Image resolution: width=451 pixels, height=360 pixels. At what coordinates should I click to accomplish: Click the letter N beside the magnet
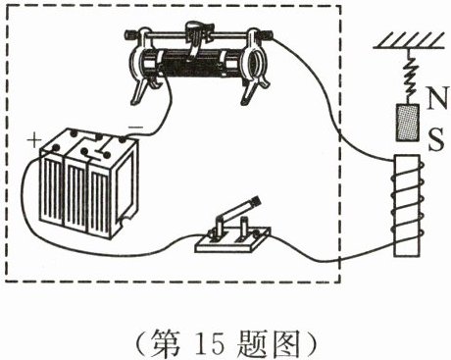[x=436, y=98]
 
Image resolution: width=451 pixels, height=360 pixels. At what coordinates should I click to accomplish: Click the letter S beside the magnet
[x=436, y=139]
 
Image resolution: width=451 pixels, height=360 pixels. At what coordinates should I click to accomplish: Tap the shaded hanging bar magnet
[x=408, y=123]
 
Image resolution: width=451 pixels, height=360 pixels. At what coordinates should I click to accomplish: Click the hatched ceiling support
[x=409, y=40]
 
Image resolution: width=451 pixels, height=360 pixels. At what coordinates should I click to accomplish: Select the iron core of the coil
[x=407, y=205]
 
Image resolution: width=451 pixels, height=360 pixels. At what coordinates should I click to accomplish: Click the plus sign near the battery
[x=34, y=140]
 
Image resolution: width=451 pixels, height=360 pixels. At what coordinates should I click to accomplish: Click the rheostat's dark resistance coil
[x=188, y=65]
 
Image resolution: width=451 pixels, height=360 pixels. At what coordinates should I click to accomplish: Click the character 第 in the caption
[x=165, y=343]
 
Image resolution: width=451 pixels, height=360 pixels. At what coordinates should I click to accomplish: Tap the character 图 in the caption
[x=285, y=343]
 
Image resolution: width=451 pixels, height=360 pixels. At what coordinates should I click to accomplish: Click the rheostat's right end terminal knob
[x=268, y=33]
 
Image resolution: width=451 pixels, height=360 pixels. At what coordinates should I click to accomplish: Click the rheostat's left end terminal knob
[x=130, y=33]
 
